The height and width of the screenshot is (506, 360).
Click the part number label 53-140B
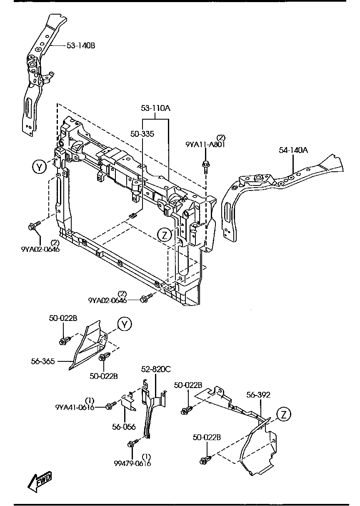[x=81, y=45]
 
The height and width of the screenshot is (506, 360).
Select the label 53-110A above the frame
[x=155, y=108]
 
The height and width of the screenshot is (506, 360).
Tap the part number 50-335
[x=142, y=134]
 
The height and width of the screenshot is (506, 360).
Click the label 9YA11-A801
[x=205, y=144]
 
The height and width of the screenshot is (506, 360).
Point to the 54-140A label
[x=293, y=150]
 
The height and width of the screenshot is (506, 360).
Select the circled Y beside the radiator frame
[x=39, y=167]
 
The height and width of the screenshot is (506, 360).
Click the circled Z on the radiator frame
[x=165, y=235]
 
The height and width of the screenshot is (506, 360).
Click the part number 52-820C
[x=155, y=369]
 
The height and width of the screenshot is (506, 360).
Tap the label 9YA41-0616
[x=75, y=407]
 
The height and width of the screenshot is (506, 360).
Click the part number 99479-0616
[x=132, y=463]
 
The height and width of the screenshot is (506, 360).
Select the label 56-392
[x=258, y=395]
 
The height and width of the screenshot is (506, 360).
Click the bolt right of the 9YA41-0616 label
[x=111, y=406]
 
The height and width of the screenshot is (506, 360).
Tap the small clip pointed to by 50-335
[x=133, y=215]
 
